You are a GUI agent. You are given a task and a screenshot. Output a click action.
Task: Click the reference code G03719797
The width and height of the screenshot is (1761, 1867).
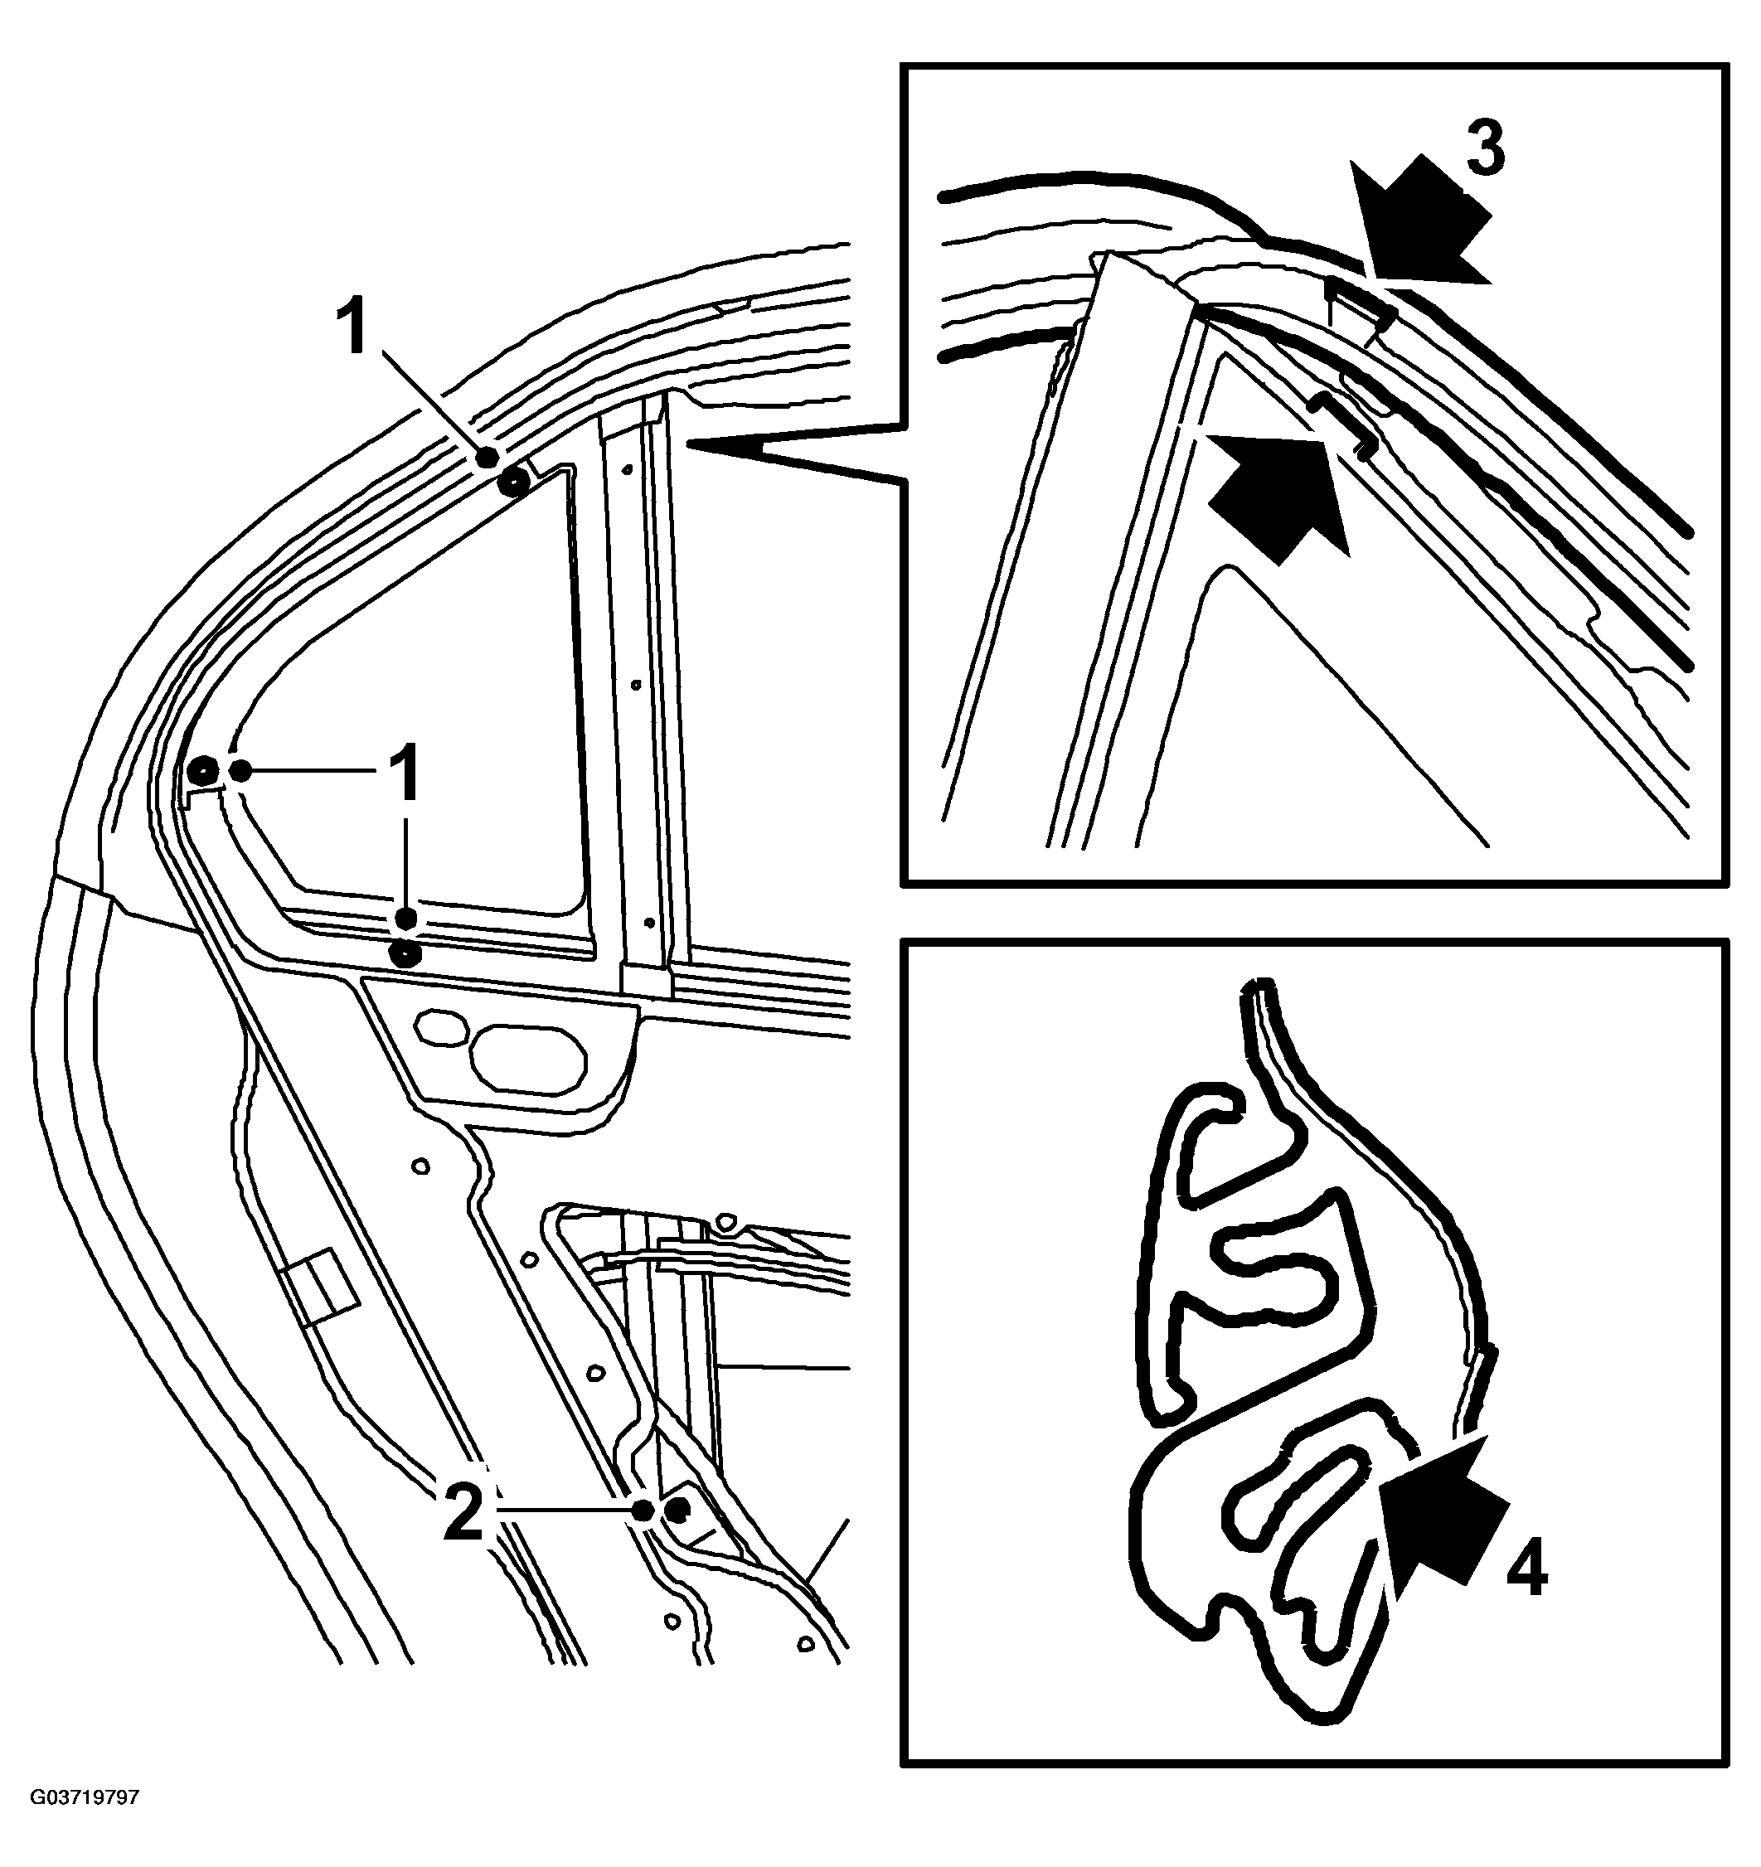[85, 1798]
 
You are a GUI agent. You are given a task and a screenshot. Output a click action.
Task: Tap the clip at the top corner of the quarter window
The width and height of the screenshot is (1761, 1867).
[514, 483]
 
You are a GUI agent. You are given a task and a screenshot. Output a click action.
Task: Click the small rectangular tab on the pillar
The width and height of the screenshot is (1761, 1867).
[319, 1287]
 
